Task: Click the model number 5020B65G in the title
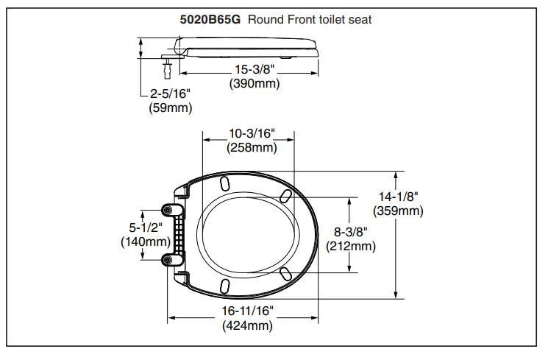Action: [211, 20]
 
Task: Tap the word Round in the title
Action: [264, 20]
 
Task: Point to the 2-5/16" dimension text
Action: [171, 95]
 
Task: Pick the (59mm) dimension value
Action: [170, 109]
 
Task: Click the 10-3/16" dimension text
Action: [251, 133]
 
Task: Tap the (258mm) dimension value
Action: [251, 147]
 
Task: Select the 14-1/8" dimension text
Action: [398, 197]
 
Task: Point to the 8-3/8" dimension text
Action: [350, 231]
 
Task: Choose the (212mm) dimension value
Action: [350, 245]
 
